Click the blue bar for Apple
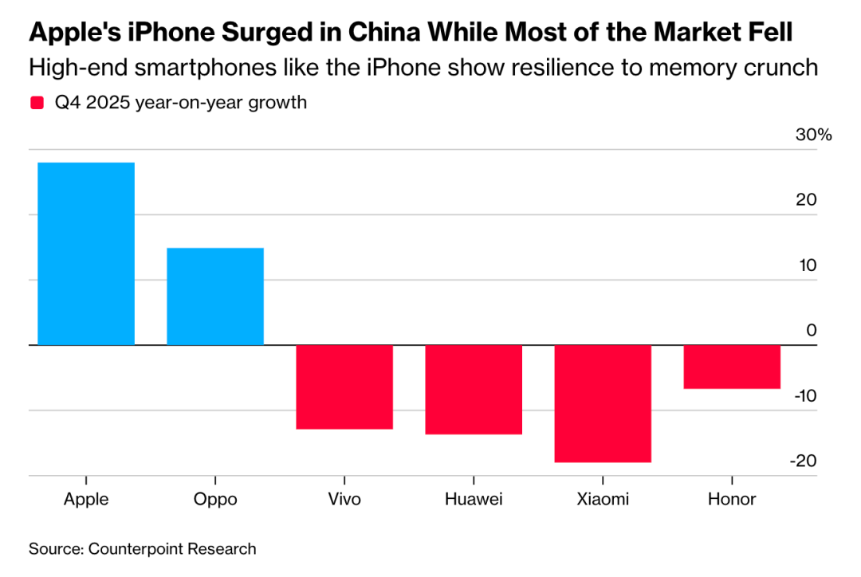pyautogui.click(x=86, y=253)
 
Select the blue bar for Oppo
pyautogui.click(x=215, y=296)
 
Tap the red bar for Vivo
pyautogui.click(x=344, y=387)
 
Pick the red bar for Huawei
pyautogui.click(x=474, y=390)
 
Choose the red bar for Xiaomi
pyautogui.click(x=603, y=403)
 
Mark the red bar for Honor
pyautogui.click(x=732, y=367)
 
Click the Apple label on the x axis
pyautogui.click(x=86, y=500)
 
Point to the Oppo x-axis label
pyautogui.click(x=215, y=500)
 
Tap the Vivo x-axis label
pyautogui.click(x=344, y=500)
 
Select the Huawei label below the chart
pyautogui.click(x=474, y=500)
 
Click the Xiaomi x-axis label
pyautogui.click(x=603, y=500)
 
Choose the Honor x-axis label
pyautogui.click(x=732, y=500)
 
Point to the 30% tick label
pyautogui.click(x=813, y=135)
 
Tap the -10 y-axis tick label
pyautogui.click(x=804, y=396)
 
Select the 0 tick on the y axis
pyautogui.click(x=812, y=330)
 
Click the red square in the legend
pyautogui.click(x=37, y=103)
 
